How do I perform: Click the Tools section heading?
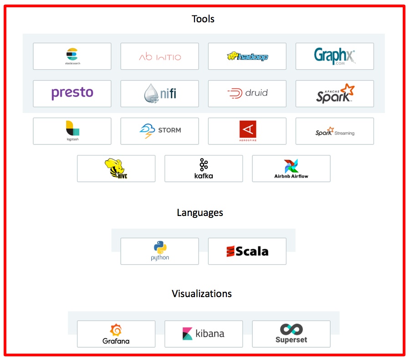point(203,19)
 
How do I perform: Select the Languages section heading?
point(200,213)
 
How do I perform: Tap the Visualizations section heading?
point(202,293)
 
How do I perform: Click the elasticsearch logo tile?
point(72,56)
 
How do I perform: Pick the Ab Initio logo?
point(159,57)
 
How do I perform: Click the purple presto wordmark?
point(72,93)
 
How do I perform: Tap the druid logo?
point(247,93)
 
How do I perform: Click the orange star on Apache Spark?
point(348,89)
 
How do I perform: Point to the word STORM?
point(169,130)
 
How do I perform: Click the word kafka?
point(203,176)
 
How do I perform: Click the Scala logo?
point(247,251)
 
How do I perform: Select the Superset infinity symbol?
point(291,329)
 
